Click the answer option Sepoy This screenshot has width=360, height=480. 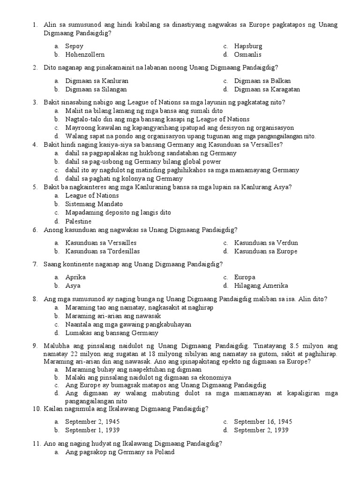[x=74, y=46]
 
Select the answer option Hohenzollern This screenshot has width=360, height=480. [x=85, y=55]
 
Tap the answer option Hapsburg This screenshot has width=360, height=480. [x=248, y=46]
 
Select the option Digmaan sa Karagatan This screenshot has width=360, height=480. [x=267, y=89]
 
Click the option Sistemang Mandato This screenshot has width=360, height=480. [x=94, y=204]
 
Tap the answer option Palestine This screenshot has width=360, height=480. [x=78, y=221]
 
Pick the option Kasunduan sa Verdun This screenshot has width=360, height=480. [x=266, y=243]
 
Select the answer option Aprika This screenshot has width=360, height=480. [x=75, y=277]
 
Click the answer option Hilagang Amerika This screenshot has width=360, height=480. [x=261, y=285]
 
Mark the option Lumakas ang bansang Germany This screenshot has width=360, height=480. [x=112, y=333]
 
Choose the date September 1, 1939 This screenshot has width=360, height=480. [x=92, y=430]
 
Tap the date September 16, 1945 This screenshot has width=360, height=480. [x=263, y=421]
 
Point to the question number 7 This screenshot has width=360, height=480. [x=35, y=264]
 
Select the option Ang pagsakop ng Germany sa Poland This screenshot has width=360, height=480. [x=120, y=452]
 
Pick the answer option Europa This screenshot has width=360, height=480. [x=245, y=277]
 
